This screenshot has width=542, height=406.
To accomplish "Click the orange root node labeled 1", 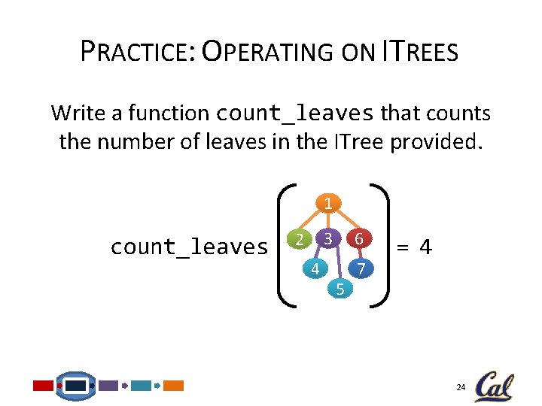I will click(328, 203).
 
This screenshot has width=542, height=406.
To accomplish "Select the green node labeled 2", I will click(300, 240).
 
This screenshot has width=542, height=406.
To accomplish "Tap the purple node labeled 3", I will click(328, 239).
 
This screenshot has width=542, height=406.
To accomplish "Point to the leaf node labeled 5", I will click(340, 288).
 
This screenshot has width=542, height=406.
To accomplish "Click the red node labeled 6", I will click(361, 239).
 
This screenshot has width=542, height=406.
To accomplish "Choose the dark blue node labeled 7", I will click(361, 268).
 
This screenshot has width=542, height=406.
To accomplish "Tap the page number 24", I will click(461, 387).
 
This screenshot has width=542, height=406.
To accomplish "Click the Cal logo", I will click(494, 386).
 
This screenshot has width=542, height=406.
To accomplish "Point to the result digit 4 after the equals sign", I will click(425, 246).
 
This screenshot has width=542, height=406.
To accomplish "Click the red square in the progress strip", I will click(44, 386).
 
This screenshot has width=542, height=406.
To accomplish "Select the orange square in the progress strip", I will click(174, 386).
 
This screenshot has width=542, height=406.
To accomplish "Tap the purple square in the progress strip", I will click(108, 386).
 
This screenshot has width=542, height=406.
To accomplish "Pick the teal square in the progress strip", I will click(141, 386).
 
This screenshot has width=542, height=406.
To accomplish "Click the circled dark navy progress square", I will click(76, 386).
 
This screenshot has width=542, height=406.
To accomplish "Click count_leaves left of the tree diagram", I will click(189, 247).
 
